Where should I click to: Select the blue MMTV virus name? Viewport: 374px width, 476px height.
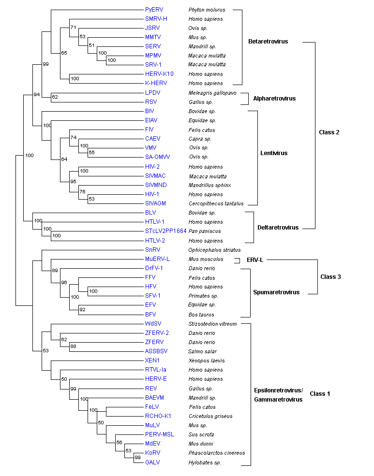coord(153,37)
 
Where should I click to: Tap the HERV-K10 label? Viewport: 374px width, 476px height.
coord(159,74)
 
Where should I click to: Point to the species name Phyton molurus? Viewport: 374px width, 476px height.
coord(207,10)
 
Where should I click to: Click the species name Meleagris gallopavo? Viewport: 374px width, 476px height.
coord(212,93)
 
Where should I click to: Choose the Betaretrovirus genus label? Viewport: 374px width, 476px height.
coord(268,42)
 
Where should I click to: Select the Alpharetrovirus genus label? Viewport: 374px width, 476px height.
coord(274,99)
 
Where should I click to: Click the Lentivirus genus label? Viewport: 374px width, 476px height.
coord(274,153)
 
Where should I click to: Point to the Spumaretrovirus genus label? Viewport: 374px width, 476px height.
coord(276,292)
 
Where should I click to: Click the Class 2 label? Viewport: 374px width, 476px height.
coord(329,132)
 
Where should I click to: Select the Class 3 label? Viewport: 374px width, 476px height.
coord(330,277)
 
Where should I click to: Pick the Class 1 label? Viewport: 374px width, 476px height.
coord(320,394)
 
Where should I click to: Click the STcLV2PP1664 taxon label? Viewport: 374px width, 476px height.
coord(165,231)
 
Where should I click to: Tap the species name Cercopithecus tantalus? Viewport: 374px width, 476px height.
coord(216,203)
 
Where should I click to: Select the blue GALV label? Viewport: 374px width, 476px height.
coord(152,462)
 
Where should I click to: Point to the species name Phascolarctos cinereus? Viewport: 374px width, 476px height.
coord(216,453)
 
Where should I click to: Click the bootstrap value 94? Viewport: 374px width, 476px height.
coord(36,95)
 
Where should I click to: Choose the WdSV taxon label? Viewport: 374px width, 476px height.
coord(153,323)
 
